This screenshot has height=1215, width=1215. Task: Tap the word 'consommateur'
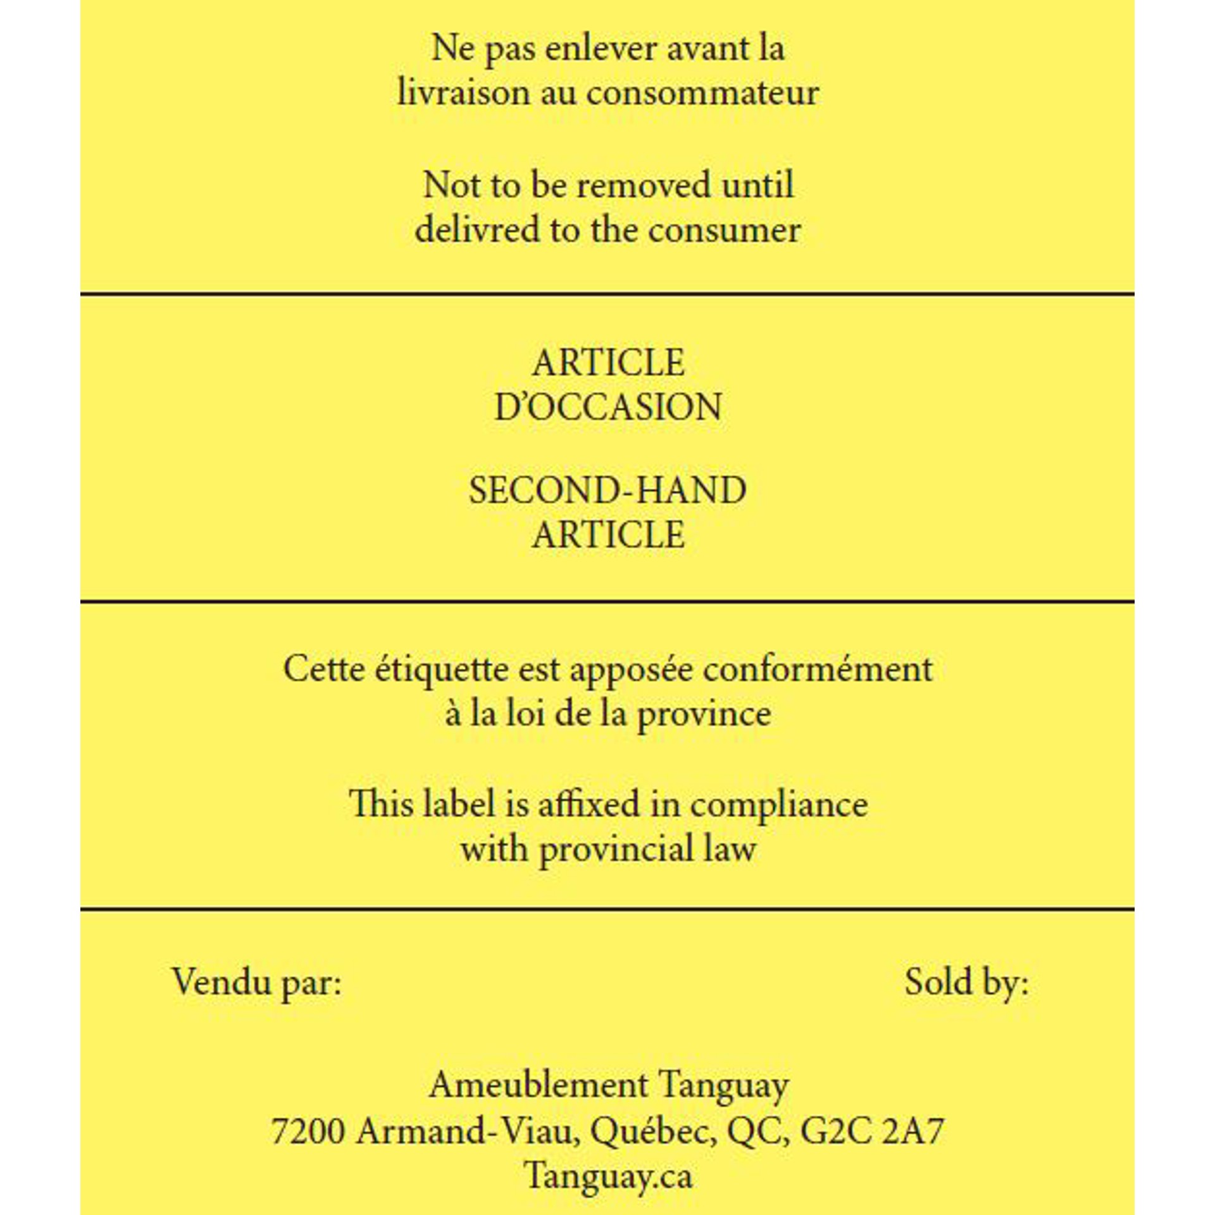coord(702,94)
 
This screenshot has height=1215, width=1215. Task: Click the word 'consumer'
coord(724,230)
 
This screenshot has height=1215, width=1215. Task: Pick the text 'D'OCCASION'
coord(607,407)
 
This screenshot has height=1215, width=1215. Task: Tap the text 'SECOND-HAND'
coord(607,490)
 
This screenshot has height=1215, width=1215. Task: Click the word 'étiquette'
coord(442,670)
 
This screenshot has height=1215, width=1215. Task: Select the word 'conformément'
coord(818,670)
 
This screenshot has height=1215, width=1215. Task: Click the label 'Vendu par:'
coord(257,983)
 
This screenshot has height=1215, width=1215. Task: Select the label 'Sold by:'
coord(966,983)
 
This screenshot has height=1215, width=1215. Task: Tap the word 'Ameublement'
coord(539,1085)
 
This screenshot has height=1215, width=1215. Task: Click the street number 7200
coord(308,1131)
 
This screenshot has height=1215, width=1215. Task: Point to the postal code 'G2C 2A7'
coord(872,1131)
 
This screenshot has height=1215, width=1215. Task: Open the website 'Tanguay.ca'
coord(607,1176)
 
